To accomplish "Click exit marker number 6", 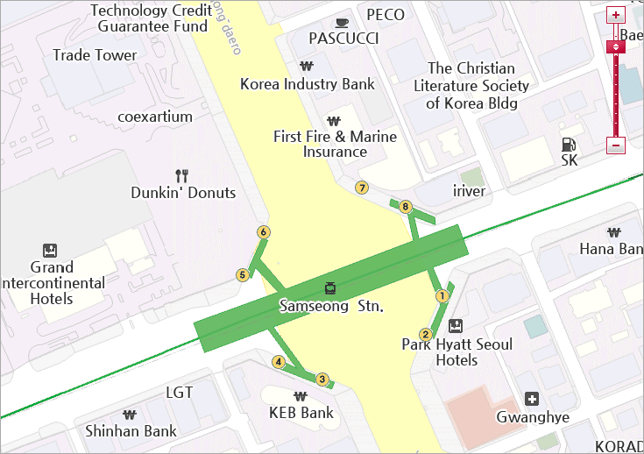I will pyautogui.click(x=263, y=232).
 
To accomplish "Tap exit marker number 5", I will pyautogui.click(x=243, y=275).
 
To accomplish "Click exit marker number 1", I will pyautogui.click(x=442, y=296).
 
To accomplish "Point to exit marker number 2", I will pyautogui.click(x=426, y=334).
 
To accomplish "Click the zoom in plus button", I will pyautogui.click(x=616, y=15).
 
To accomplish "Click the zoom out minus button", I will pyautogui.click(x=616, y=145).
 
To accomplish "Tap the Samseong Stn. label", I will pyautogui.click(x=331, y=307).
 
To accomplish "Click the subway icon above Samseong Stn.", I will pyautogui.click(x=330, y=287).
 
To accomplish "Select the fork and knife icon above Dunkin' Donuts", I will pyautogui.click(x=182, y=175).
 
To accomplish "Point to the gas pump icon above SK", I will pyautogui.click(x=569, y=144).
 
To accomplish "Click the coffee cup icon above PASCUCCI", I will pyautogui.click(x=342, y=22).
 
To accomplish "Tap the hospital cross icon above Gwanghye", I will pyautogui.click(x=531, y=399).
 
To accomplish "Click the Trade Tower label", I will pyautogui.click(x=95, y=55).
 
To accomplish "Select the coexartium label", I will pyautogui.click(x=154, y=116).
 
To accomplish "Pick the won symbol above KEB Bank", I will pyautogui.click(x=301, y=395).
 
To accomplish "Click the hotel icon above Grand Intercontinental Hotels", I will pyautogui.click(x=50, y=251).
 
